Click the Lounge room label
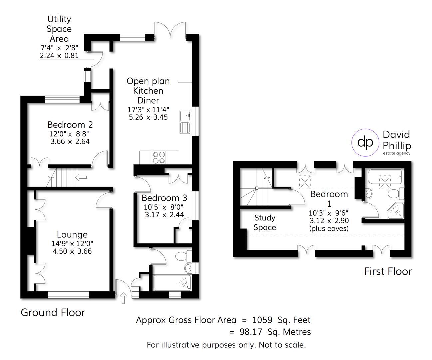72,235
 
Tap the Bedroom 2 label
70,125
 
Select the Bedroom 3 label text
164,198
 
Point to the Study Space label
265,223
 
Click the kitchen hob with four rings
159,157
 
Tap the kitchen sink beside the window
185,121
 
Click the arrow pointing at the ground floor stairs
81,177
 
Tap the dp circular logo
365,142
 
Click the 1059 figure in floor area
263,320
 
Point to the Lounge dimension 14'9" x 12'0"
72,244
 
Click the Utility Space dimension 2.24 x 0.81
59,56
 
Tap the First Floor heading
388,271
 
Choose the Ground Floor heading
53,312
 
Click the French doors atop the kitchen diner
170,30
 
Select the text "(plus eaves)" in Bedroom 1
329,228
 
